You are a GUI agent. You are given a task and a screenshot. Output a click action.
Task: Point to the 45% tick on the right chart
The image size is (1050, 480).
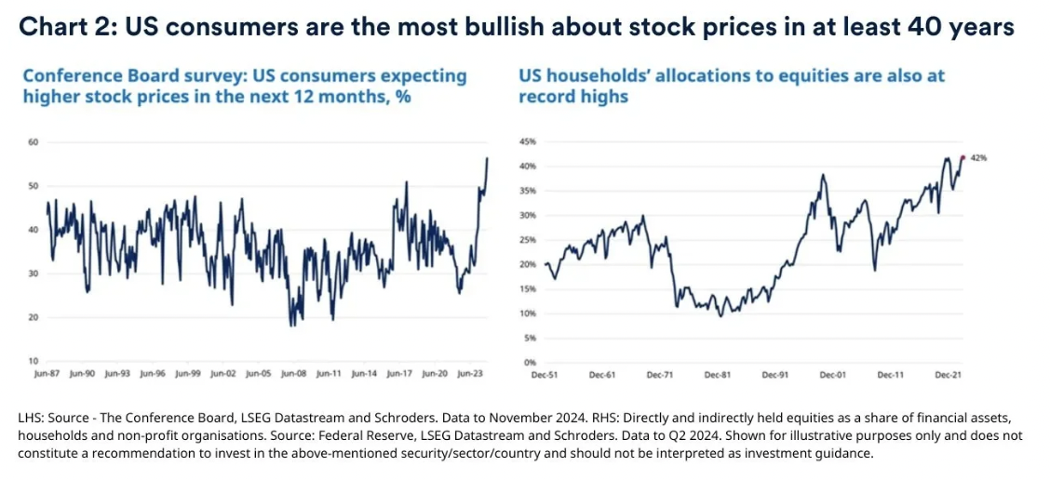[527, 142]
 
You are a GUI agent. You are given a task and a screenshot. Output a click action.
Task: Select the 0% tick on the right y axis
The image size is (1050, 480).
[529, 361]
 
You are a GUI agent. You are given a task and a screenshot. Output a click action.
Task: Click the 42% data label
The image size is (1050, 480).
[978, 158]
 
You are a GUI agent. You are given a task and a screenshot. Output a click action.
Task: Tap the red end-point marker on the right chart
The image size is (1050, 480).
[962, 158]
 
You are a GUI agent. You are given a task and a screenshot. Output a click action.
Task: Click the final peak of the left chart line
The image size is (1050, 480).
[487, 158]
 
